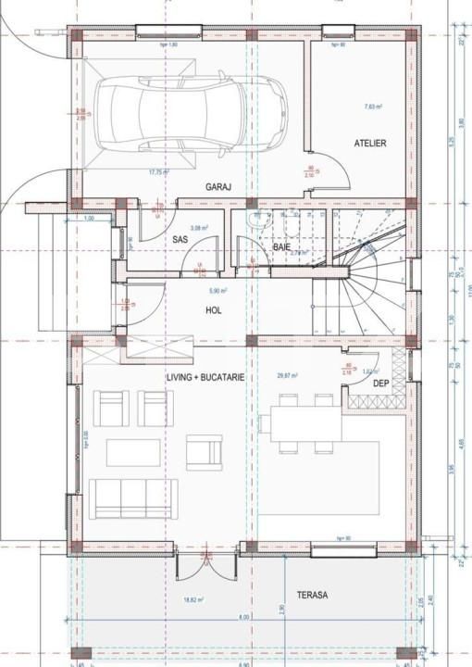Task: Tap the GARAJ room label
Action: click(217, 186)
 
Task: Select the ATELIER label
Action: click(369, 144)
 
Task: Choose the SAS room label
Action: click(180, 240)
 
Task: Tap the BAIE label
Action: click(281, 247)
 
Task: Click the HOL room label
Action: click(214, 310)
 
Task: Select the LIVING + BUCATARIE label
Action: click(205, 378)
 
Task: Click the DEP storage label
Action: click(379, 383)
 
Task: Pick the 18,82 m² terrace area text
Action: click(193, 600)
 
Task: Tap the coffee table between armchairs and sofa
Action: click(131, 451)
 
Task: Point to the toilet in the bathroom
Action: click(262, 222)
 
